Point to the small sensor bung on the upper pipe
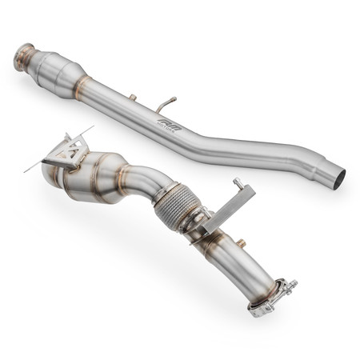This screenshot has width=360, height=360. [133, 98]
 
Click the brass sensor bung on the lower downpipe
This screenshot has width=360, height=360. [238, 242]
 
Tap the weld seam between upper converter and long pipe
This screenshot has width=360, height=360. [81, 84]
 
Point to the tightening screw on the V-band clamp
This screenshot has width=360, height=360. [289, 284]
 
